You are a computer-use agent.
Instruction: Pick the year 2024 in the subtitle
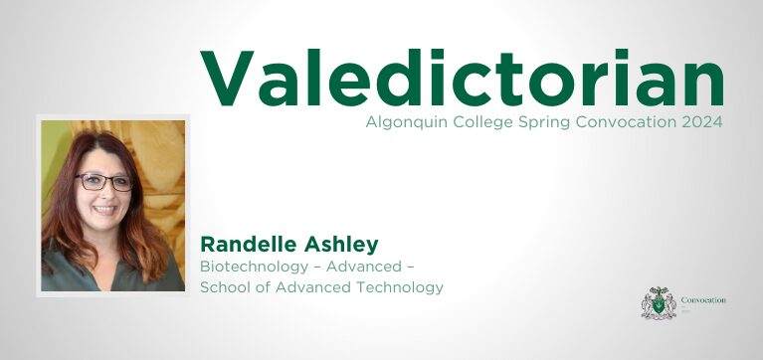(700, 122)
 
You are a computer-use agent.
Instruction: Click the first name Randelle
(246, 245)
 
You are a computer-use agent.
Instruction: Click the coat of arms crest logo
(659, 302)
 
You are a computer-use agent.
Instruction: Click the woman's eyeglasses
(104, 182)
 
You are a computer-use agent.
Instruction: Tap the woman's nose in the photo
(104, 195)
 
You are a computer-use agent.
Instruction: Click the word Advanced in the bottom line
(295, 287)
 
